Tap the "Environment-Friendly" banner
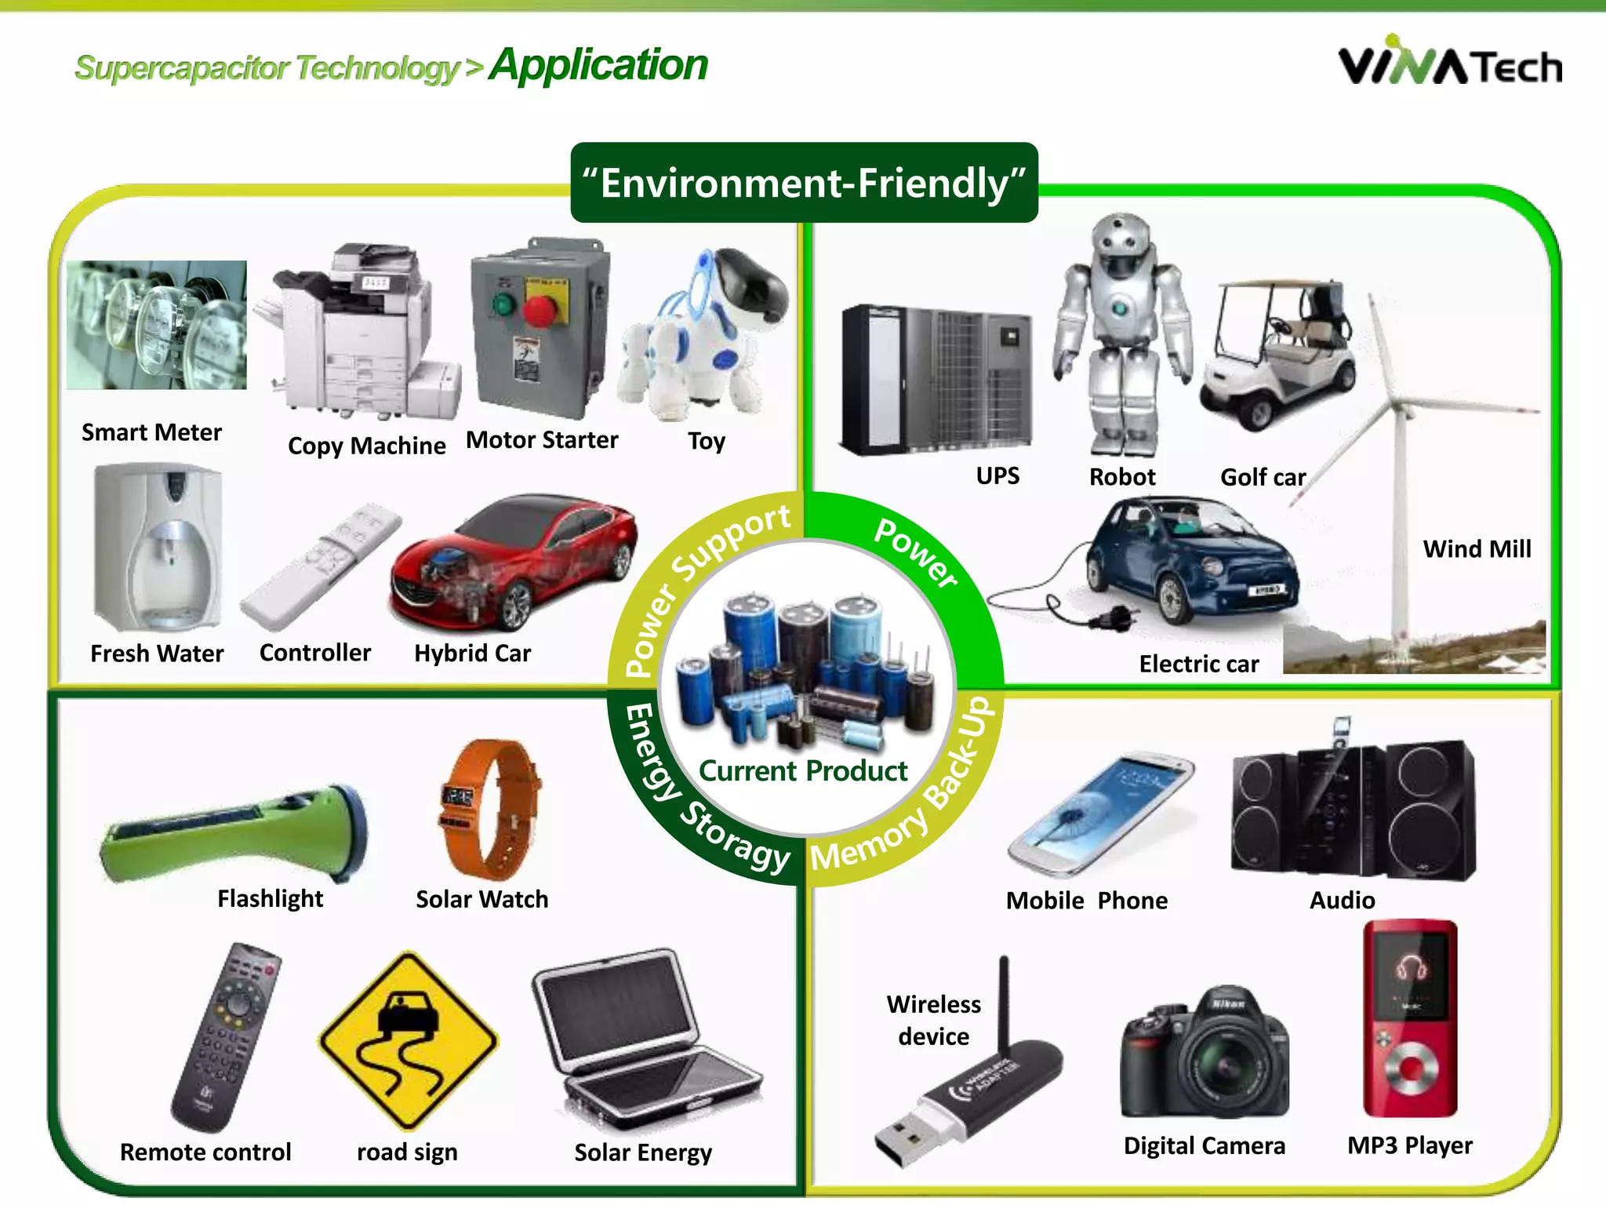[x=804, y=183]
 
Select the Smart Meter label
[x=151, y=432]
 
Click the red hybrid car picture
[x=514, y=561]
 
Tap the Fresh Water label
[x=157, y=653]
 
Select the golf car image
[x=1278, y=353]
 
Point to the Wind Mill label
[x=1477, y=549]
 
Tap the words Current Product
[x=803, y=771]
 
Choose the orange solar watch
[x=488, y=808]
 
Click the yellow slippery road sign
[x=408, y=1039]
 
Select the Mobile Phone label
[x=1087, y=901]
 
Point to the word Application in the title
[x=598, y=64]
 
